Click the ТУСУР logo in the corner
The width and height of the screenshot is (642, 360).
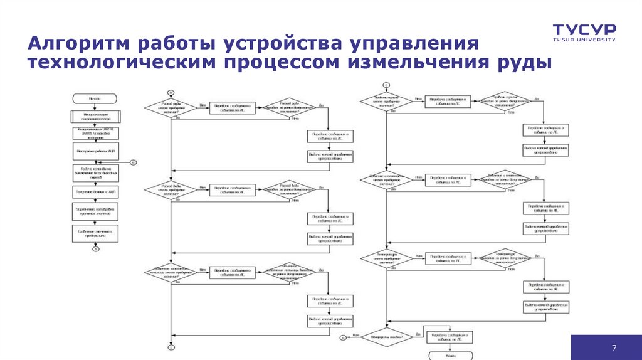click(x=584, y=30)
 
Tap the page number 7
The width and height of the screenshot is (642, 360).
click(x=614, y=349)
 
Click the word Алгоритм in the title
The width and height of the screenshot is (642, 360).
click(x=79, y=45)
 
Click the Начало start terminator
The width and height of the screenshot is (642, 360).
click(x=96, y=98)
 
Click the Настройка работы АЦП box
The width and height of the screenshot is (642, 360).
click(x=96, y=151)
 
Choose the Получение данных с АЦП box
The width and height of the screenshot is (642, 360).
click(x=96, y=191)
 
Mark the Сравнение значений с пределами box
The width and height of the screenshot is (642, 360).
click(x=96, y=233)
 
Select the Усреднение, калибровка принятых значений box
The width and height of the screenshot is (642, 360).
click(x=96, y=211)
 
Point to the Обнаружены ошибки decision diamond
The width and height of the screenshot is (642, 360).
click(x=387, y=336)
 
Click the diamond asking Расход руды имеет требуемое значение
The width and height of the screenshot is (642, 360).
click(x=171, y=108)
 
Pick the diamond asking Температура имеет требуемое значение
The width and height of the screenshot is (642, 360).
click(x=387, y=258)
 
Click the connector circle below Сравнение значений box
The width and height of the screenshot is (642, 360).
click(x=96, y=249)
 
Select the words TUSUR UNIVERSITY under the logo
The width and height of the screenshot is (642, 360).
click(x=584, y=39)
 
